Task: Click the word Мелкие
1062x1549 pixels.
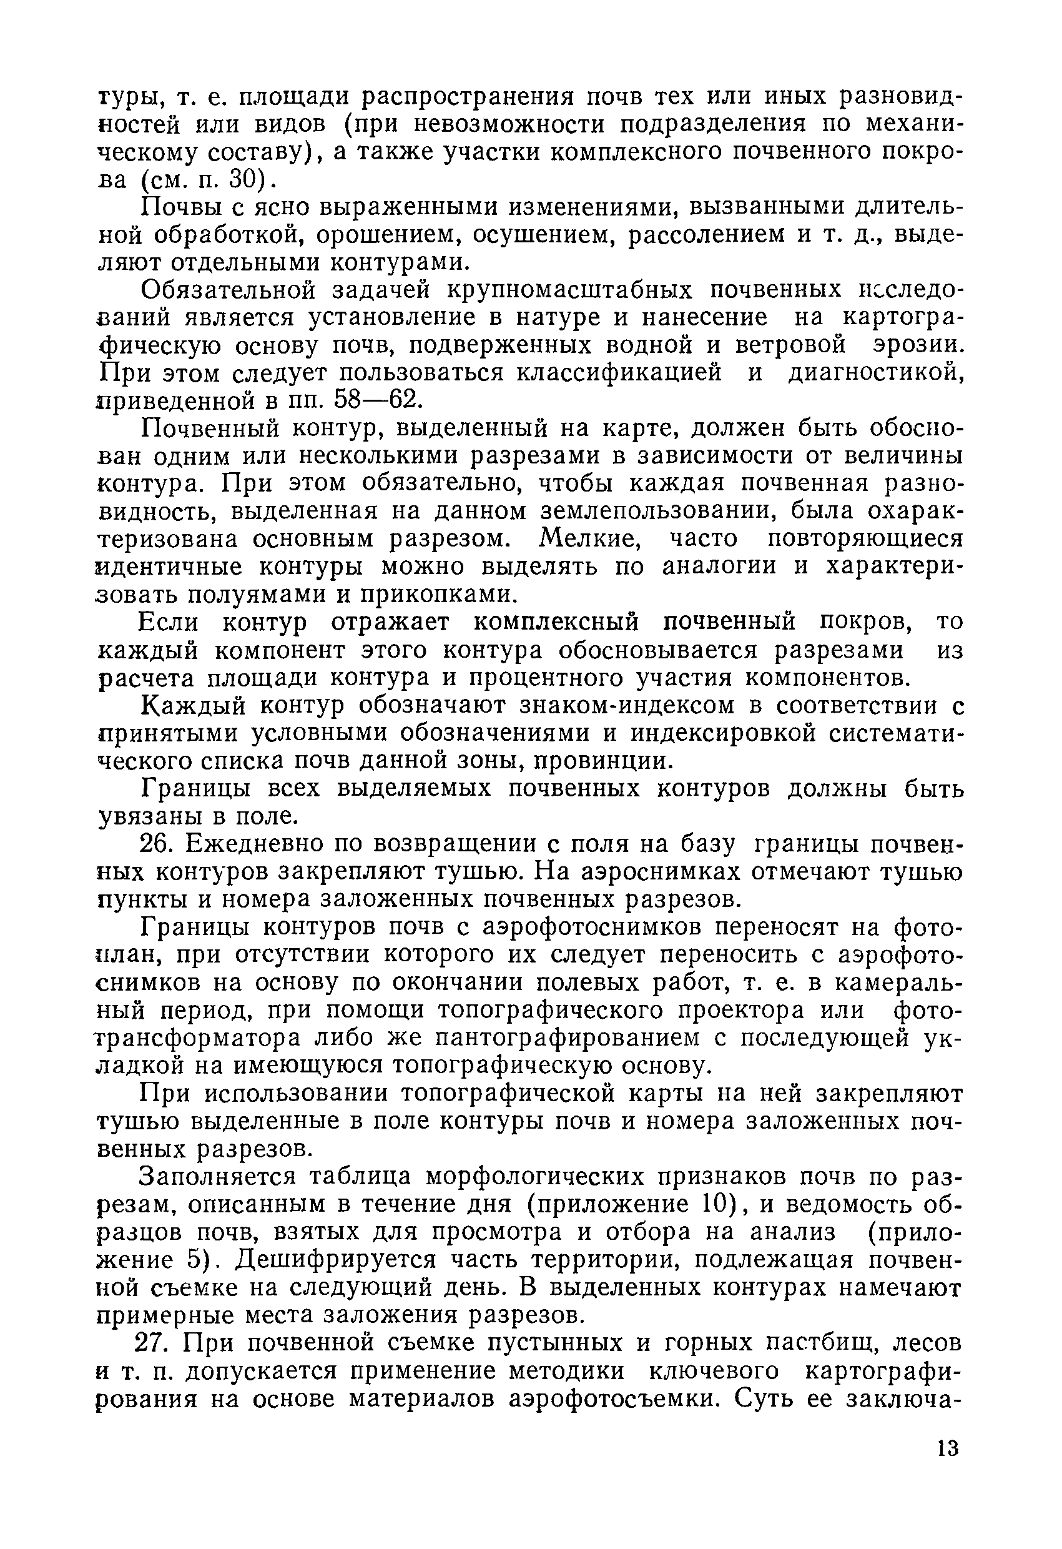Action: coord(588,538)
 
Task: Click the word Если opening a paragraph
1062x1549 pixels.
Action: coord(169,622)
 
